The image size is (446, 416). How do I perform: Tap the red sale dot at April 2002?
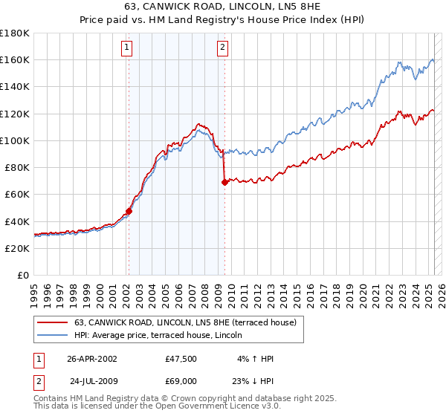click(x=129, y=211)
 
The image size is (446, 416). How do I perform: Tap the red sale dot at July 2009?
click(x=224, y=182)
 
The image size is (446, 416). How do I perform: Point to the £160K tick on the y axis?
click(x=15, y=59)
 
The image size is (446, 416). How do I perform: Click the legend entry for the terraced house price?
click(x=185, y=322)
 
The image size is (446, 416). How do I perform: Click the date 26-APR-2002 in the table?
click(x=91, y=359)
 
